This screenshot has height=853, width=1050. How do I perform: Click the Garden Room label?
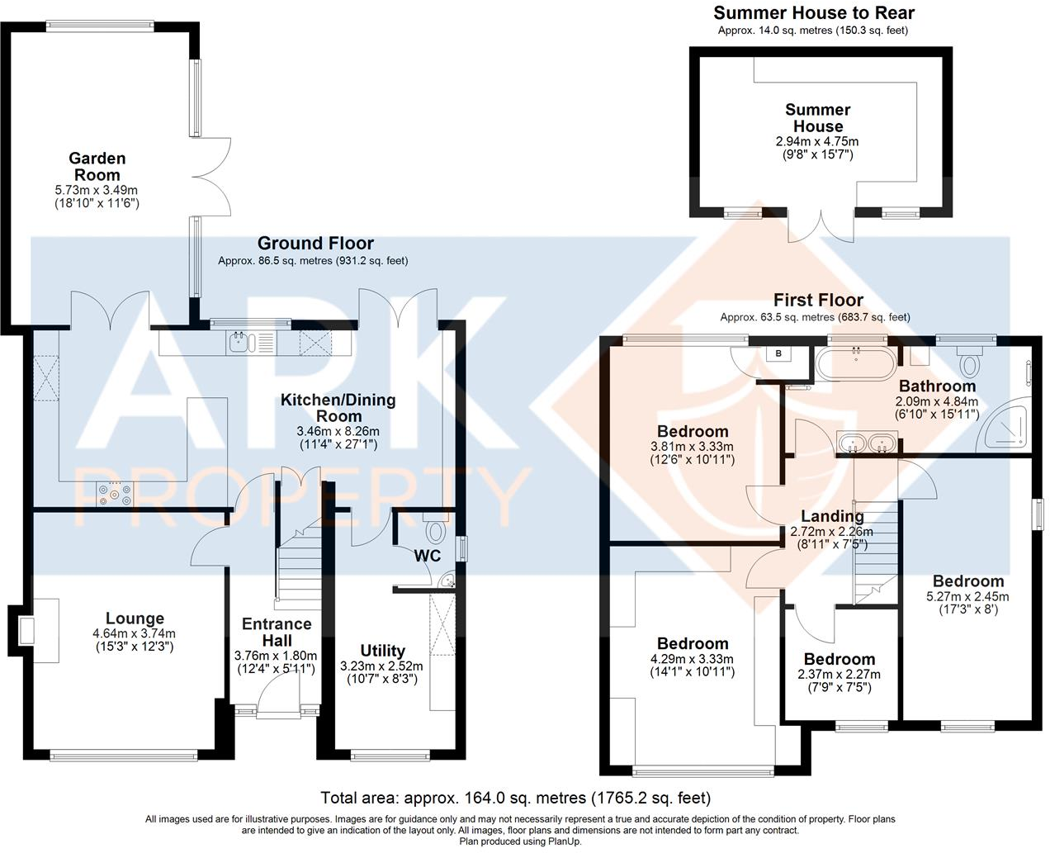click(97, 166)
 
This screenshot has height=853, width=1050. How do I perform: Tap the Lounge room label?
click(135, 618)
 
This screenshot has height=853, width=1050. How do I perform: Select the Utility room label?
click(382, 651)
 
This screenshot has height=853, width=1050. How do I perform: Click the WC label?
click(427, 556)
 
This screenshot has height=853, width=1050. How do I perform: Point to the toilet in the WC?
click(435, 529)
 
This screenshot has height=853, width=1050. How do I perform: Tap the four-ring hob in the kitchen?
click(115, 494)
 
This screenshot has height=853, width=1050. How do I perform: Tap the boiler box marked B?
click(778, 354)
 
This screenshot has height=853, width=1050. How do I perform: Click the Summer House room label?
click(817, 117)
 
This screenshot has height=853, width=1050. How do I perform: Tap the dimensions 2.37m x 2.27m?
click(839, 674)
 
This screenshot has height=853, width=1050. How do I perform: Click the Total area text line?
click(515, 798)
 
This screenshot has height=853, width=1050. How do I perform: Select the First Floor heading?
click(817, 300)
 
